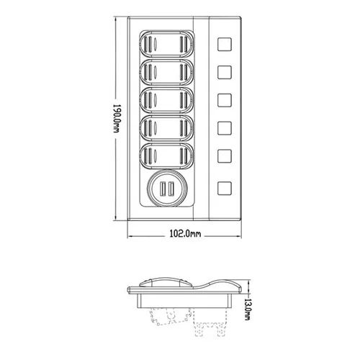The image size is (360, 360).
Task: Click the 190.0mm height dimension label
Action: [x=117, y=119]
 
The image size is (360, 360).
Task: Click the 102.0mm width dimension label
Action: [x=185, y=233]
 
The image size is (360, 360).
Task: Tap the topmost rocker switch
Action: [x=166, y=44]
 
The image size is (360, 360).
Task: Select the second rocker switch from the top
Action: [x=166, y=72]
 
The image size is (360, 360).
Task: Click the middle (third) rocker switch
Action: [x=166, y=100]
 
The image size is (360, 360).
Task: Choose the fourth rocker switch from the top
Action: [x=166, y=128]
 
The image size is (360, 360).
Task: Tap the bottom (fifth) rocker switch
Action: [x=166, y=156]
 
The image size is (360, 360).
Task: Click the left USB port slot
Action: [x=163, y=189]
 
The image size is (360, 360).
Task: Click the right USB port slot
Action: [x=171, y=189]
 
